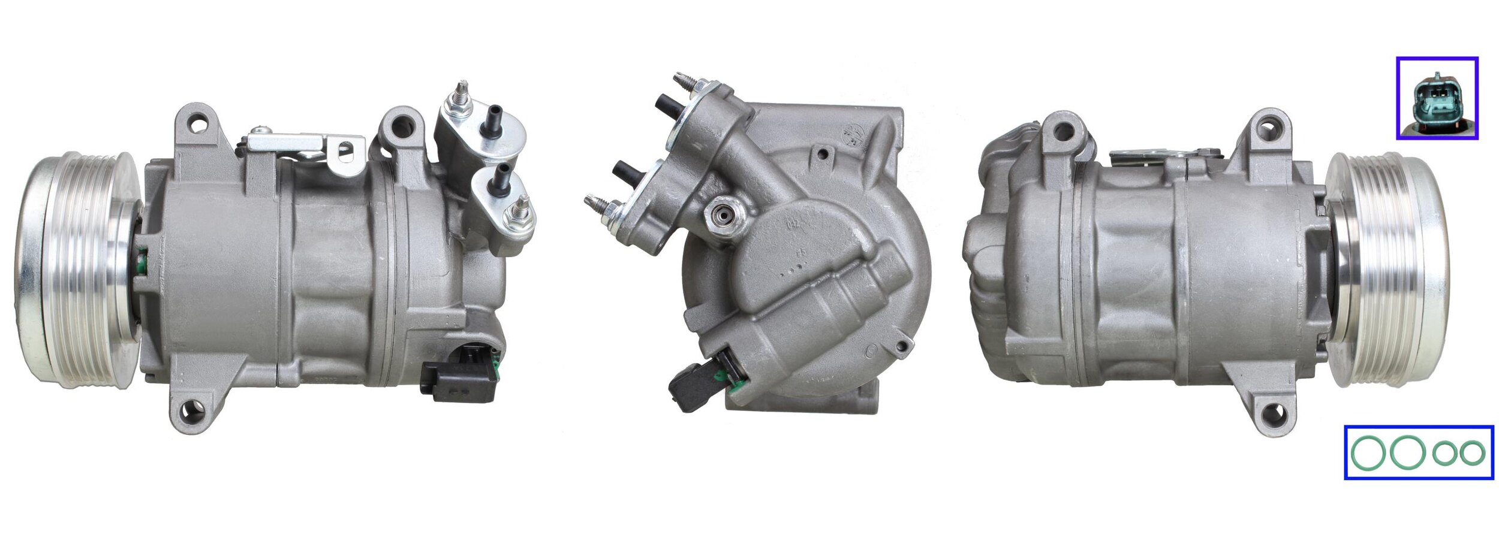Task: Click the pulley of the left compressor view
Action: pos(78,270)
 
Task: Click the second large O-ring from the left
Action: pos(1406,453)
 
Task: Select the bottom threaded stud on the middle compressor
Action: pos(597,203)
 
